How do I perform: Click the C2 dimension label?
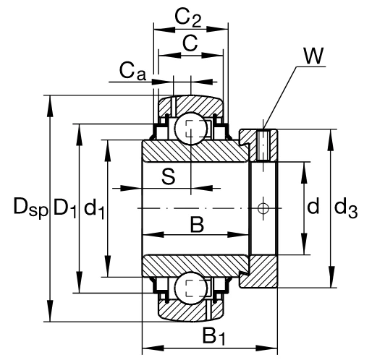(x=188, y=18)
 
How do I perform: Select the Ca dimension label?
(x=132, y=71)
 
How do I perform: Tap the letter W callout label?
(x=313, y=56)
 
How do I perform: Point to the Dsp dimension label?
(x=30, y=207)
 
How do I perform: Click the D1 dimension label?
(x=65, y=208)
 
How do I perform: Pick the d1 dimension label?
(x=94, y=208)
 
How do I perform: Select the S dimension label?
(x=169, y=176)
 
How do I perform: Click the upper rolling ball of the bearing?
(x=192, y=129)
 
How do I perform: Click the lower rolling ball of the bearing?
(x=192, y=288)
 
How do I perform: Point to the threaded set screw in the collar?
(x=263, y=145)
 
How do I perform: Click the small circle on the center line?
(x=263, y=208)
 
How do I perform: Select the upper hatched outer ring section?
(x=191, y=105)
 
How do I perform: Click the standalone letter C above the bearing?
(x=190, y=43)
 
